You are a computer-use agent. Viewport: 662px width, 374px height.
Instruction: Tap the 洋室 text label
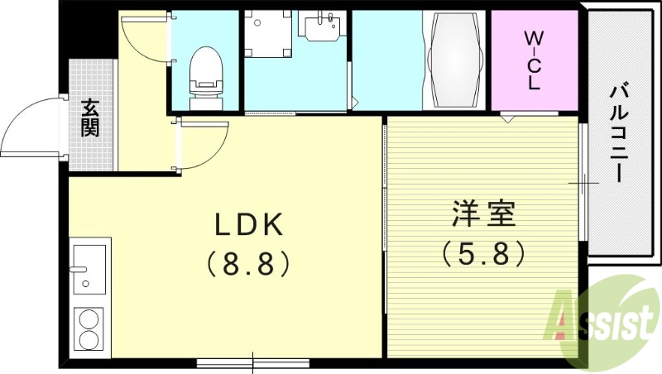(x=484, y=214)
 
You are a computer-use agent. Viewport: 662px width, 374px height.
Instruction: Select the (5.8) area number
(x=484, y=252)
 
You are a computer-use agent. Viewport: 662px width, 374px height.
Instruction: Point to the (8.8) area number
(x=249, y=263)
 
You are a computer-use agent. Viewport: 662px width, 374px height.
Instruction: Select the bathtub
(x=455, y=60)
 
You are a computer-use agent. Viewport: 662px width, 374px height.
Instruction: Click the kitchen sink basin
(x=89, y=268)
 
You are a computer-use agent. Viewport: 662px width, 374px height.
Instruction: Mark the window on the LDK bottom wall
(x=252, y=362)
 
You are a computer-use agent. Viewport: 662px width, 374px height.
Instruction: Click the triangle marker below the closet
(x=506, y=117)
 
